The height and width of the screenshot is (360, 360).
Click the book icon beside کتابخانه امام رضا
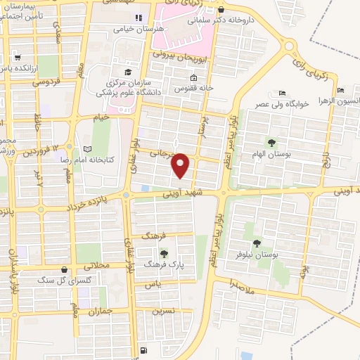coord(86,149)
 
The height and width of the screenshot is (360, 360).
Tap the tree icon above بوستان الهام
coord(271,143)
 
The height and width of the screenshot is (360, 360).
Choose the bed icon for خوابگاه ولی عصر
coord(282,94)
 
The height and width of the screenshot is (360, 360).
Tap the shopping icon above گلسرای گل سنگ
coord(65,269)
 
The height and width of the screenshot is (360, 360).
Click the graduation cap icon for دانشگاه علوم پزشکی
coord(127,72)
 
